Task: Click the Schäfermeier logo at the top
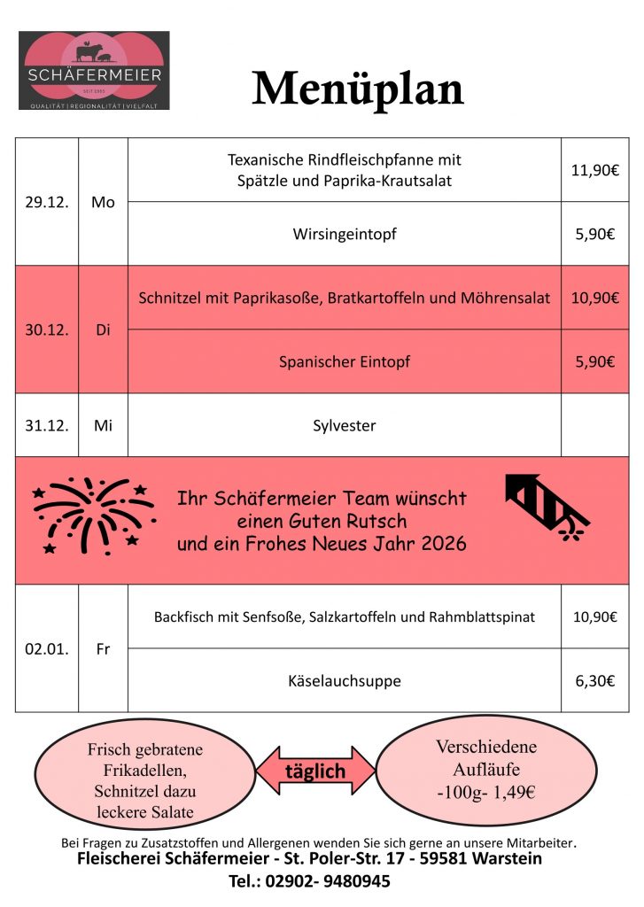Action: (94, 71)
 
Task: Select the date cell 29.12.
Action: (47, 202)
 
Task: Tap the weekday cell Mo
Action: (103, 202)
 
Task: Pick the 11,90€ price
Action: (594, 170)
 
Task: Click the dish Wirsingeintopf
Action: (345, 235)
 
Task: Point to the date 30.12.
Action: (47, 329)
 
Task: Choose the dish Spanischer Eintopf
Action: (345, 361)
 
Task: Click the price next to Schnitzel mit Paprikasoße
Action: (594, 298)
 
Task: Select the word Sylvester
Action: (345, 425)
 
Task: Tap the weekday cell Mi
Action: (103, 425)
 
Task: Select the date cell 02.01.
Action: (47, 648)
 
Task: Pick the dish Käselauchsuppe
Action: (345, 681)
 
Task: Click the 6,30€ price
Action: (594, 681)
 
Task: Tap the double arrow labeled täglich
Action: (315, 771)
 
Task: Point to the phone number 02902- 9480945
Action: (338, 881)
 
